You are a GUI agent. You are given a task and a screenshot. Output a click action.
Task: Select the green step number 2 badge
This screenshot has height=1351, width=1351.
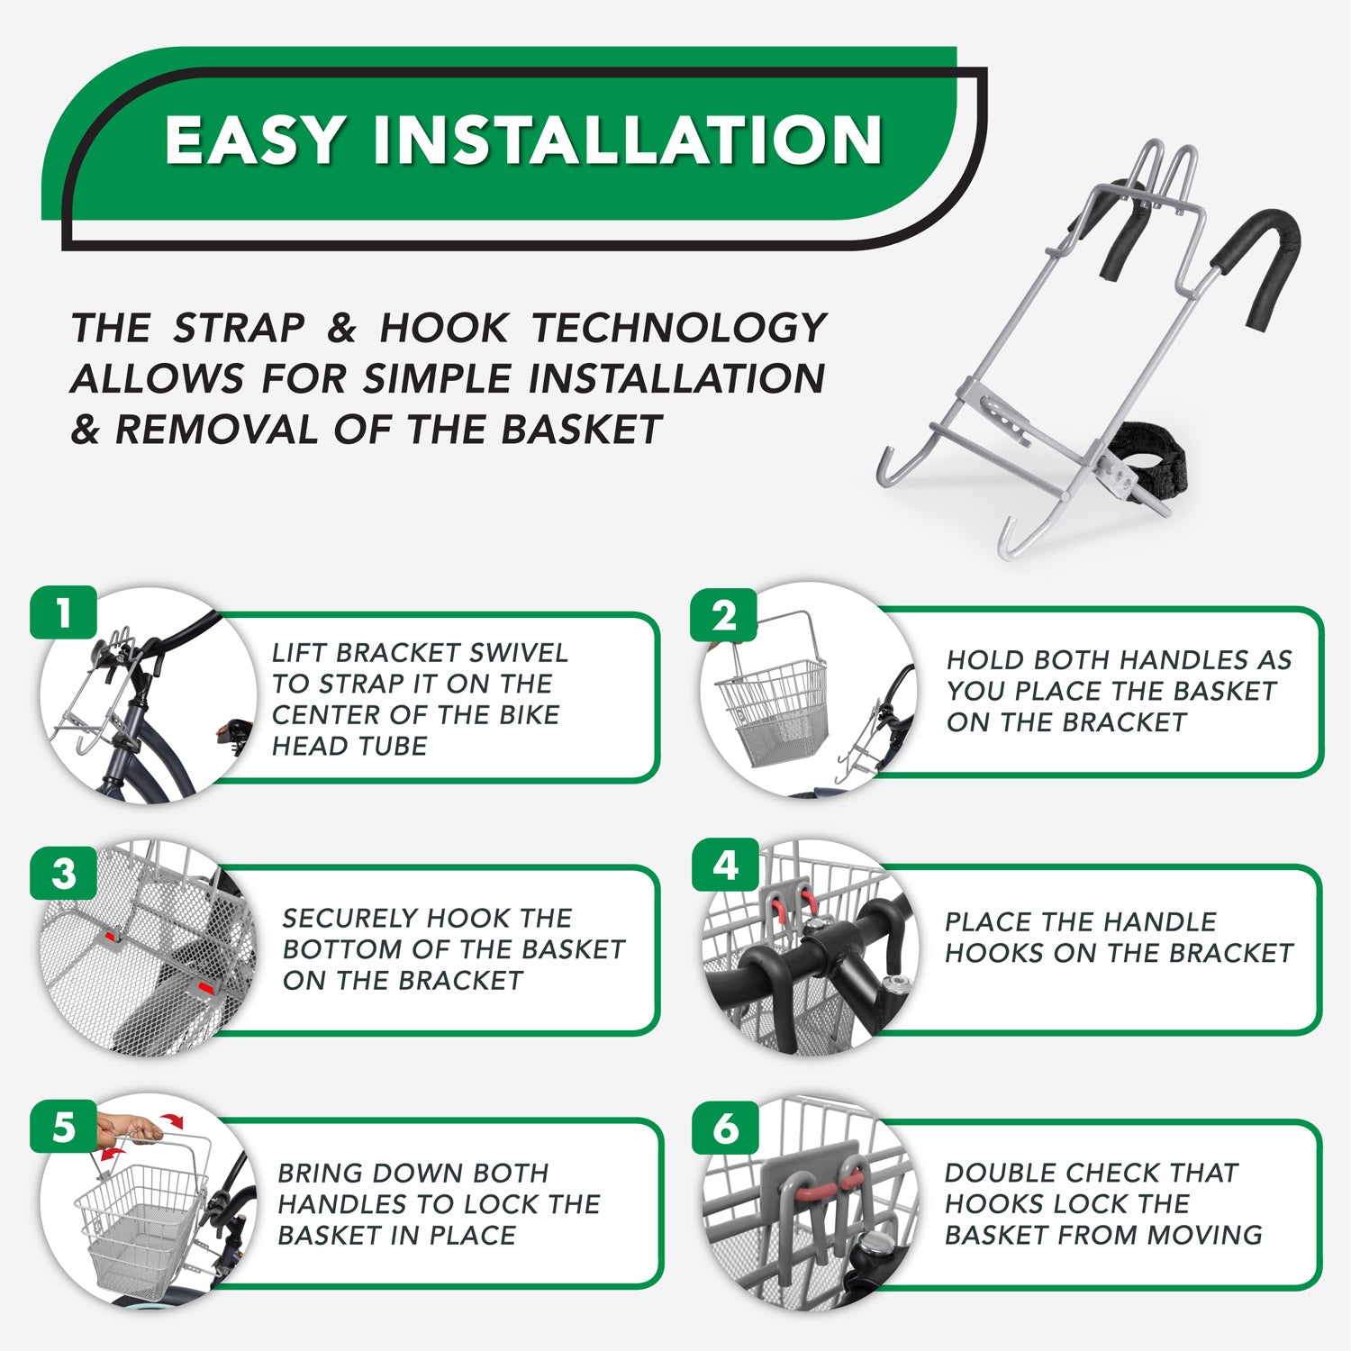pyautogui.click(x=724, y=616)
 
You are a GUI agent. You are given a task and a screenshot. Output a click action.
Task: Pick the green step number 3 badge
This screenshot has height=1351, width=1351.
pyautogui.click(x=63, y=873)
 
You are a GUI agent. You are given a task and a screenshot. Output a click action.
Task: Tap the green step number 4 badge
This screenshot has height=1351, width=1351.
pyautogui.click(x=725, y=865)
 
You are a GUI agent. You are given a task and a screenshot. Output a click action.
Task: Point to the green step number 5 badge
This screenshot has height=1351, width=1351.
pyautogui.click(x=63, y=1127)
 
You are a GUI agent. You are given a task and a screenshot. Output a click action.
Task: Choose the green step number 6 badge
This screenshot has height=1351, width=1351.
pyautogui.click(x=725, y=1128)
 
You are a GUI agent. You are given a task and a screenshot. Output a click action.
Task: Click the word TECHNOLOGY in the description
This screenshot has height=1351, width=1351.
pyautogui.click(x=678, y=328)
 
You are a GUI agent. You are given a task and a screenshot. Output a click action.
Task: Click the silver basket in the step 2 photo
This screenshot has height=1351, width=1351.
pyautogui.click(x=771, y=711)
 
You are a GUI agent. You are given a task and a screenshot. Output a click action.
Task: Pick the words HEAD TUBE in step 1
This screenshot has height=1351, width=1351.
pyautogui.click(x=349, y=746)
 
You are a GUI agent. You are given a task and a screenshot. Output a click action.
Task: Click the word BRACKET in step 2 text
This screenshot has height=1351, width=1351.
pyautogui.click(x=1125, y=722)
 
